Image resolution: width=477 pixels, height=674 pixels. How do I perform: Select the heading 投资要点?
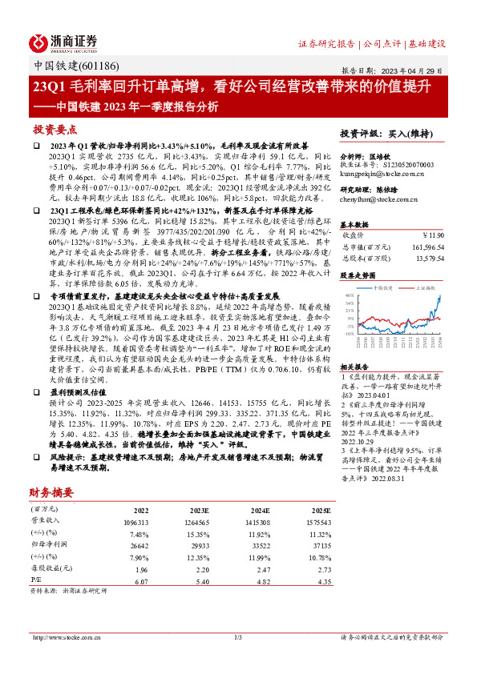[x=55, y=129]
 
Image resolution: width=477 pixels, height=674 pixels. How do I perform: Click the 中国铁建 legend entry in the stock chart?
[x=385, y=285]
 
